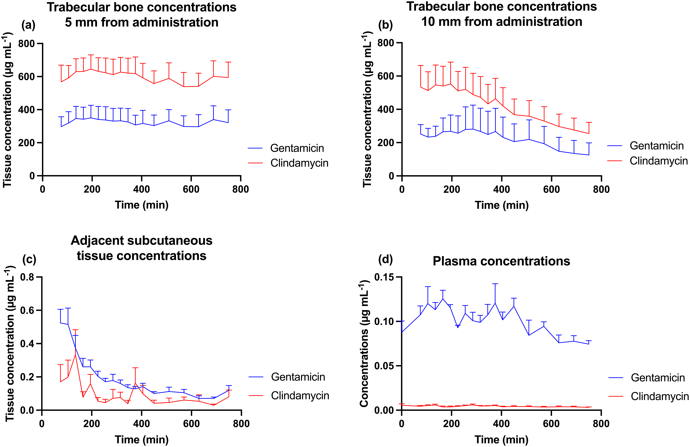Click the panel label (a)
point(28,25)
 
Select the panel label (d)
point(385,259)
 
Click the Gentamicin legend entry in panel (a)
point(286,148)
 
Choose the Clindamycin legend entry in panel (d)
point(648,396)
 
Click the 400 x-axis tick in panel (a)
point(142,189)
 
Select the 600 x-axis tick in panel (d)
point(551,424)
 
